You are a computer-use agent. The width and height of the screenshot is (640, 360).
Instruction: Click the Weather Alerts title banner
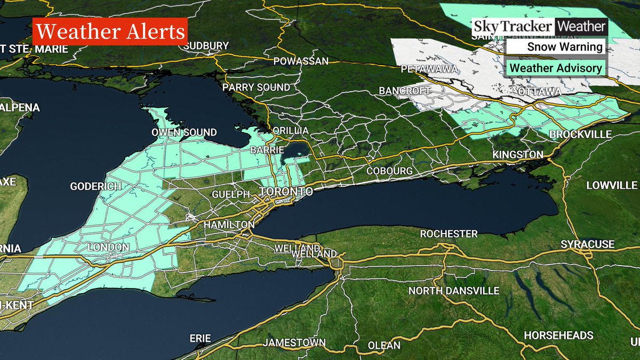(x=109, y=33)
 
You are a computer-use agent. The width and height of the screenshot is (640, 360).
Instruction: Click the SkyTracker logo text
(x=513, y=26)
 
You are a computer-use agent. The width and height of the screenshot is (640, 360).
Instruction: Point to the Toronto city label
(x=286, y=191)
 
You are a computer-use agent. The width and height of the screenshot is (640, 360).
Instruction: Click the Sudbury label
(x=206, y=46)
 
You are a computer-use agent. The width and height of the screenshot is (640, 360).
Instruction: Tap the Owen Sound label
(x=184, y=132)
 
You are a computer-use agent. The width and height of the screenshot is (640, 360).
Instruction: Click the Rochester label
(x=449, y=234)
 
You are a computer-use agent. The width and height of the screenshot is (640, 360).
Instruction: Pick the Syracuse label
(x=587, y=244)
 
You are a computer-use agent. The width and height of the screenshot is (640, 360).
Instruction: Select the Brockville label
(x=580, y=134)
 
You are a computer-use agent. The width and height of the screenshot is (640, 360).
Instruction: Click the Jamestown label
(x=294, y=342)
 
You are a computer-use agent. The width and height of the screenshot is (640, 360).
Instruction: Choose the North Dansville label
(x=453, y=291)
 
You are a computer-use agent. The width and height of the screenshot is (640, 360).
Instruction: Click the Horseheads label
(x=558, y=335)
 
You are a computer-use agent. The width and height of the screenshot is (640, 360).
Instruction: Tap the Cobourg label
(x=389, y=171)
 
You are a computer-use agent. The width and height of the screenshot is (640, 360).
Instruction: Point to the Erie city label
(x=201, y=338)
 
